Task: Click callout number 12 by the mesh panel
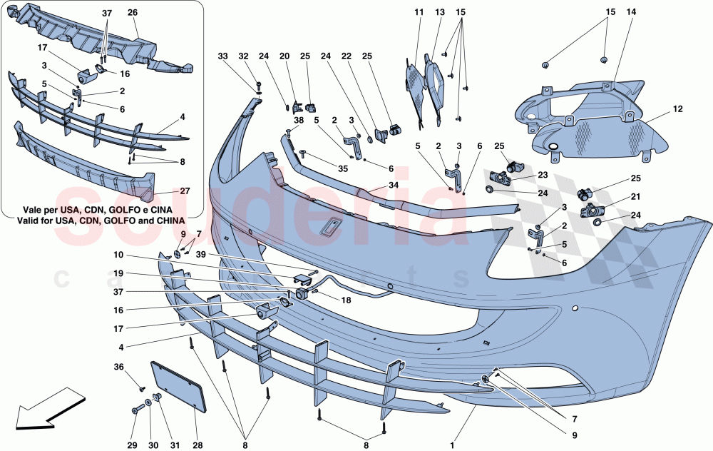point(676,110)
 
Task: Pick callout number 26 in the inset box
point(133,12)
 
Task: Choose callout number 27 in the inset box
point(185,191)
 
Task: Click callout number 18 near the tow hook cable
point(346,300)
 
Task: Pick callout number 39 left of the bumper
point(202,255)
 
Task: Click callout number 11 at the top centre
point(419,12)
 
